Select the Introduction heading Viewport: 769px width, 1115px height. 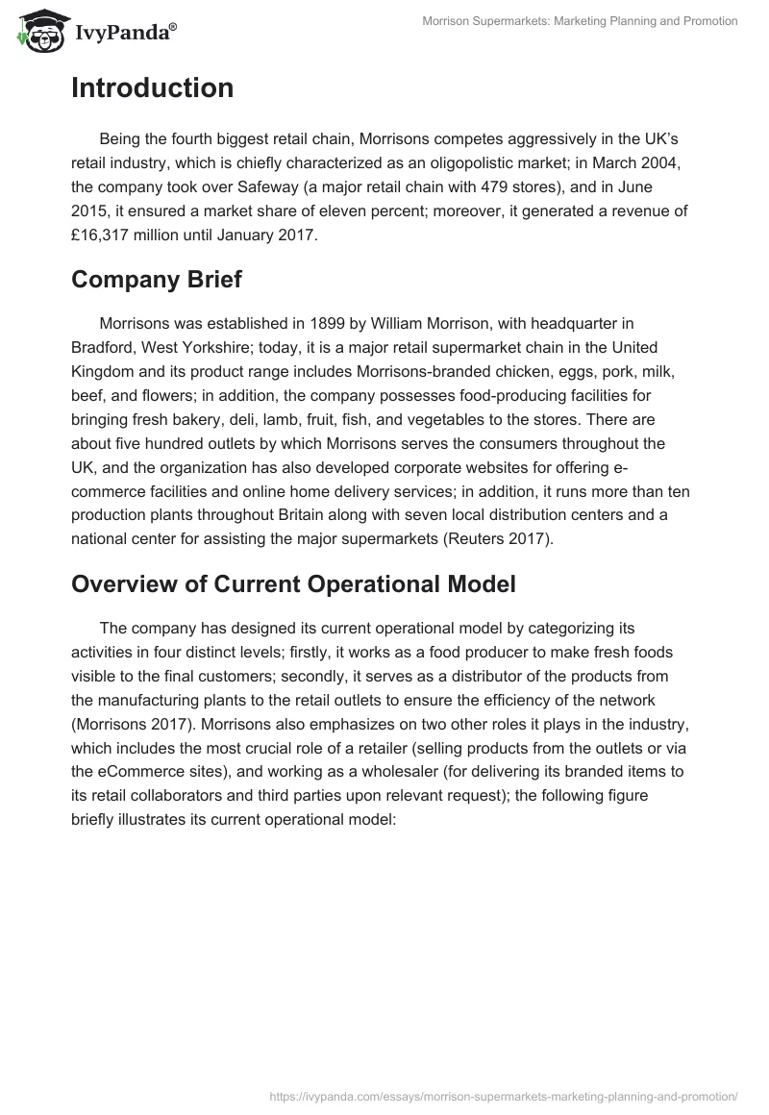click(x=152, y=88)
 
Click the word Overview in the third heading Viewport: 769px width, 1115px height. click(x=119, y=583)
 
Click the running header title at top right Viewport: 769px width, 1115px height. click(x=580, y=22)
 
